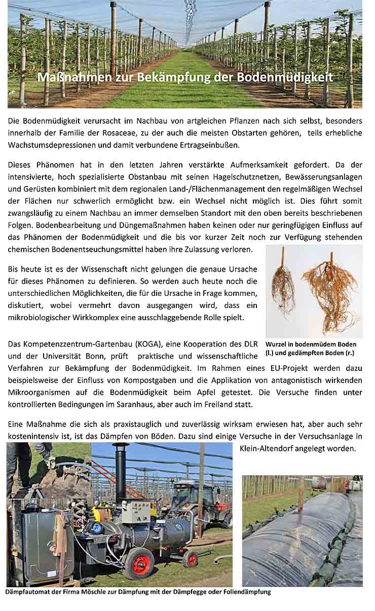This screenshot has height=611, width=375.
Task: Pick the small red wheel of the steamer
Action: pyautogui.click(x=191, y=559)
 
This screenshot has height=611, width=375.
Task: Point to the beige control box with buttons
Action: pyautogui.click(x=136, y=511)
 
